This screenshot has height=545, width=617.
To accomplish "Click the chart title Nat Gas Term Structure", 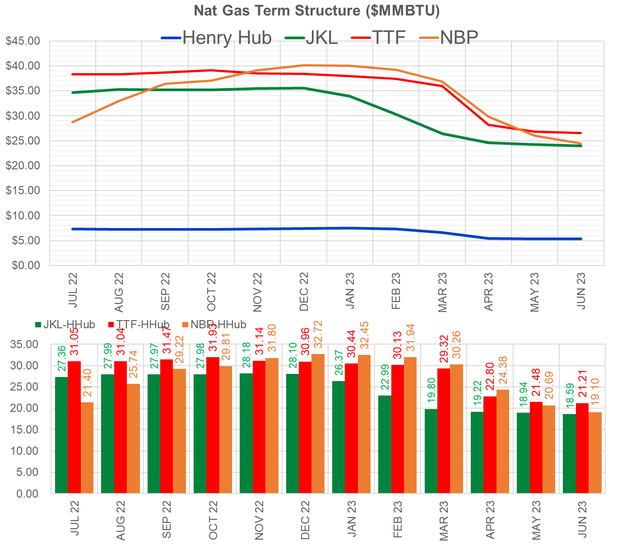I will [316, 10].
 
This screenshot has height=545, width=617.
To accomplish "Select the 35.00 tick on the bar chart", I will [25, 345].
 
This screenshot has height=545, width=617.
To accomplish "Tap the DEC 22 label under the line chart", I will [304, 291].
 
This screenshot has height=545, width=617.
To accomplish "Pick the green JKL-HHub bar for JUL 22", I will [61, 435].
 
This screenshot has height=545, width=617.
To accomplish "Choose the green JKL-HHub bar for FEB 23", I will [385, 444].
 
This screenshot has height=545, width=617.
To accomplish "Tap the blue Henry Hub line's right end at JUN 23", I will [580, 239].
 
